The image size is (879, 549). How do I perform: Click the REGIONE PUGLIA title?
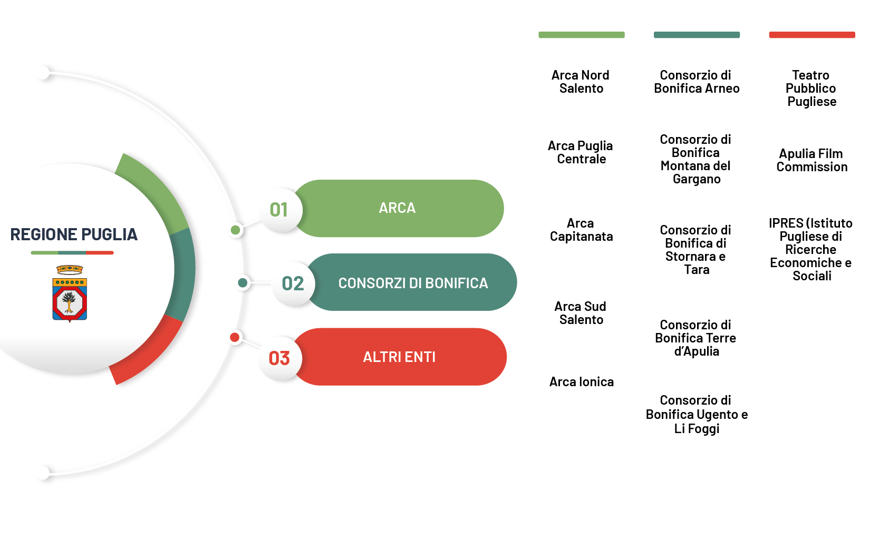[74, 234]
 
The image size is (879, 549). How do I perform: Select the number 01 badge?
[279, 210]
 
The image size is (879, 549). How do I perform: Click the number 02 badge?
[293, 283]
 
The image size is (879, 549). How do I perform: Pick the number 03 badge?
[279, 358]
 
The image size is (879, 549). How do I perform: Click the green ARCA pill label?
[398, 208]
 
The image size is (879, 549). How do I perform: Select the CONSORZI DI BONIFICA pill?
[413, 283]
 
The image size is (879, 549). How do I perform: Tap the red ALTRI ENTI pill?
[399, 357]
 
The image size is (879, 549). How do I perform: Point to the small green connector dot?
[236, 230]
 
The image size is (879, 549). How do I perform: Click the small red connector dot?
[235, 337]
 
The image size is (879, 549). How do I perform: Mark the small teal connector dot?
[243, 283]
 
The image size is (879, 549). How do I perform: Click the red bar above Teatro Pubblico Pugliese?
[812, 35]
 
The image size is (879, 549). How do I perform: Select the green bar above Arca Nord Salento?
[581, 35]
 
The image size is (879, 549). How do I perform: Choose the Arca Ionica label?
[581, 381]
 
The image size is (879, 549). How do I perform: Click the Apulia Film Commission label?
[812, 160]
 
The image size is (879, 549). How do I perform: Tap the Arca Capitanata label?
[581, 230]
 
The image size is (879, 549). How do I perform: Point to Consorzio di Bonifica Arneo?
[697, 82]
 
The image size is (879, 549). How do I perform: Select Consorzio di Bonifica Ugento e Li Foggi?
[697, 414]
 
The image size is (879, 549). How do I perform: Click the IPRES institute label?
[811, 249]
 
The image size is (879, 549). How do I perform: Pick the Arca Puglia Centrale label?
[581, 152]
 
